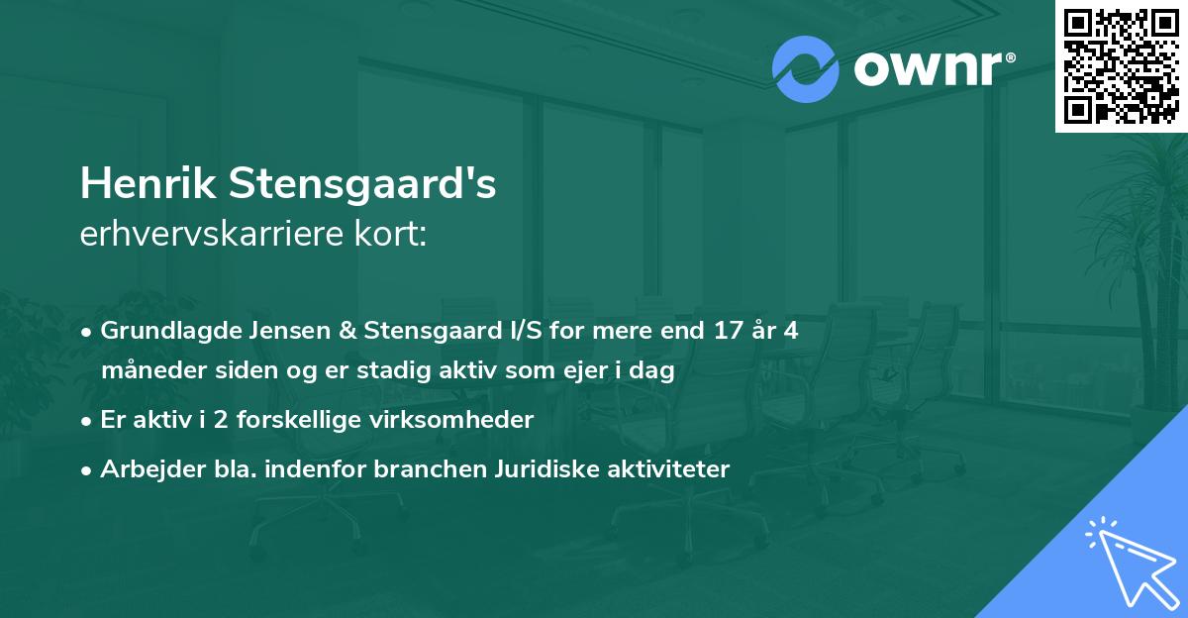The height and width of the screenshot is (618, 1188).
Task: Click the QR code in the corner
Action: click(x=1122, y=65)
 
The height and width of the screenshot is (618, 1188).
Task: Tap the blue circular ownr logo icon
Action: click(x=805, y=69)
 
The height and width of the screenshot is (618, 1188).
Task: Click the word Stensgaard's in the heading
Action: click(x=360, y=185)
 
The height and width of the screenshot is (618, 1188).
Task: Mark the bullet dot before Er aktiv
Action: click(x=87, y=421)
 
